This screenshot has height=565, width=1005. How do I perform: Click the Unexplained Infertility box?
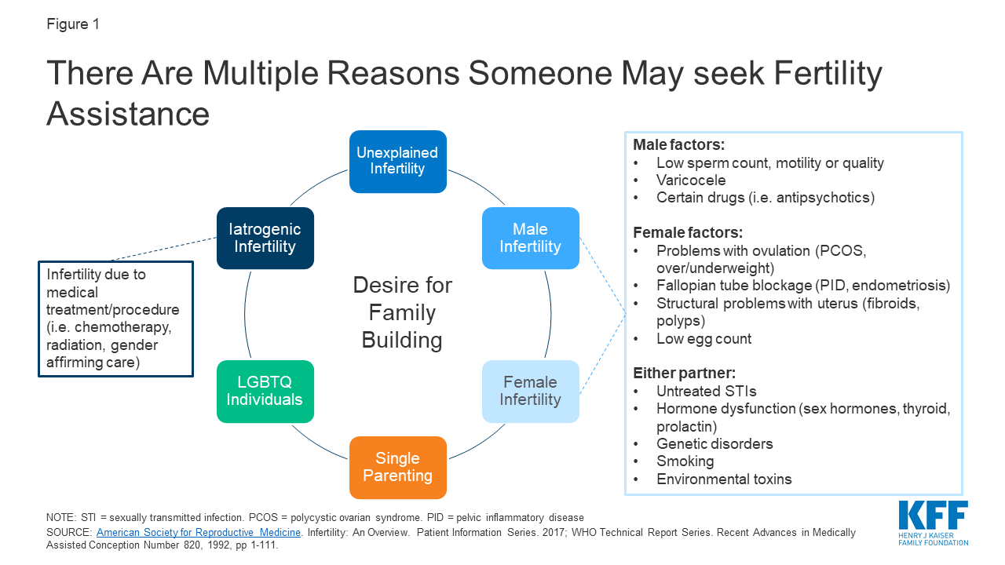(397, 161)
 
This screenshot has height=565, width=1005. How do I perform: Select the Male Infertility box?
(530, 238)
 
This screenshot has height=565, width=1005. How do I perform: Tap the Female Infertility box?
(530, 391)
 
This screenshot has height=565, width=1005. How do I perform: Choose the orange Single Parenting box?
(397, 467)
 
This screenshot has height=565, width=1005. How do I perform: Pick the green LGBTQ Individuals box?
(265, 391)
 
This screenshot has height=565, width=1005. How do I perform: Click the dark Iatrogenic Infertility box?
(265, 238)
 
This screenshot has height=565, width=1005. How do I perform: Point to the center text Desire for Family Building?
(402, 312)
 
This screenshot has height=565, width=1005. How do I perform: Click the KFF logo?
(933, 523)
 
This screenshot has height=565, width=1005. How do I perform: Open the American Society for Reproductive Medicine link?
(199, 532)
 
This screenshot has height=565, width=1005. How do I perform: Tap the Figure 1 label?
(73, 24)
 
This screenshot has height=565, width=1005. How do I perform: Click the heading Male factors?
(678, 146)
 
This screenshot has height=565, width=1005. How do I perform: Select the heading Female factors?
(687, 233)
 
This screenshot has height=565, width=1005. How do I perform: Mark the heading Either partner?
(684, 374)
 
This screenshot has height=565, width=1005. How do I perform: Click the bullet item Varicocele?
(691, 180)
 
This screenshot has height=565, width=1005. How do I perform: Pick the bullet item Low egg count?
(703, 339)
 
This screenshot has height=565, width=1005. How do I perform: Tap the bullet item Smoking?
(685, 461)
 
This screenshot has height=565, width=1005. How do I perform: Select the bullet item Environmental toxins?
(724, 479)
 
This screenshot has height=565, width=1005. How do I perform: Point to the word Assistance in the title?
(128, 113)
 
